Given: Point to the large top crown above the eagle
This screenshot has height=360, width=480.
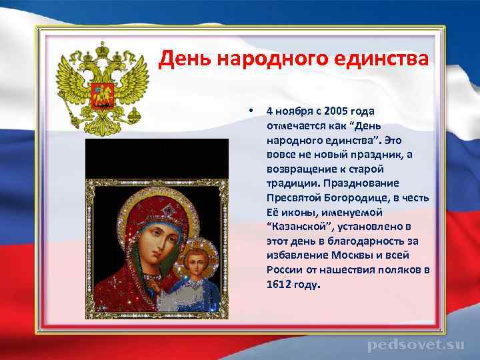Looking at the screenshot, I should coord(103,49).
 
